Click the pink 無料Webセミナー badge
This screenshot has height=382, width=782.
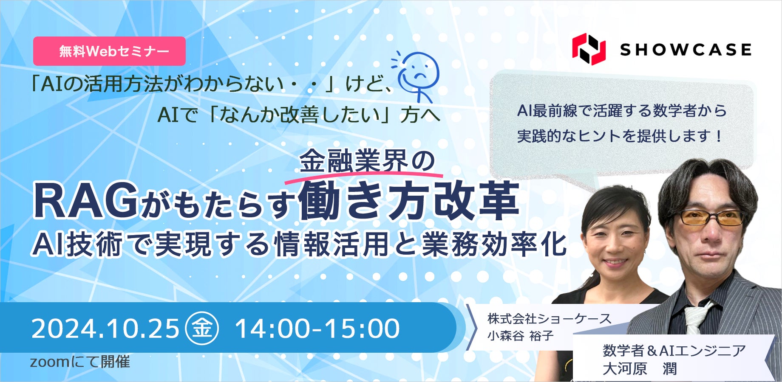pos(109,51)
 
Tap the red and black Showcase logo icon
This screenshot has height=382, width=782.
pos(589,49)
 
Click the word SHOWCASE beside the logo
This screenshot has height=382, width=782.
pos(686,50)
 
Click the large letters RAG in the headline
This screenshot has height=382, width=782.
pos(85,202)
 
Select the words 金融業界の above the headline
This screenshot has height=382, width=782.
pos(367,161)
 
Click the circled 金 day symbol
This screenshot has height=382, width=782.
pos(202,328)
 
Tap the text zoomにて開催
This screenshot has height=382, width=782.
pos(80,362)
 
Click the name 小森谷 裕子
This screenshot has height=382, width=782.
pos(521,336)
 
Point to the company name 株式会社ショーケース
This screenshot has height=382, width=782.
pos(549,318)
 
